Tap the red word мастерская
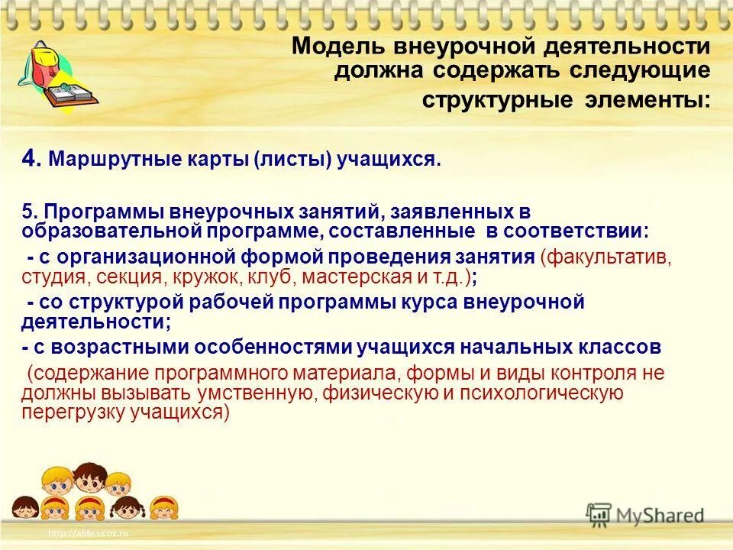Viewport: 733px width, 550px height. click(x=360, y=276)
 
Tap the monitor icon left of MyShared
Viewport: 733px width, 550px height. click(x=599, y=516)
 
